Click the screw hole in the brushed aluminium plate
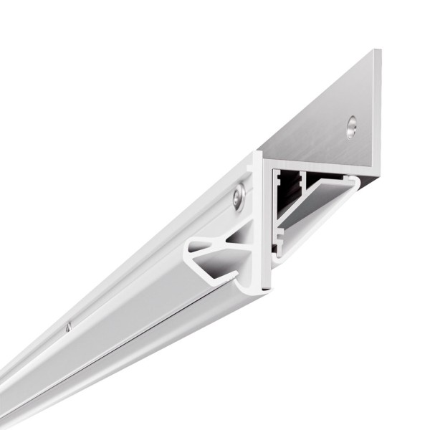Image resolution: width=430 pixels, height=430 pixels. [350, 127]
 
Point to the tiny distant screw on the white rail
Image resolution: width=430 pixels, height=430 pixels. [67, 328]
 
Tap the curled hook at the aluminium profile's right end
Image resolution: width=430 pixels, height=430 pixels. [353, 183]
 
